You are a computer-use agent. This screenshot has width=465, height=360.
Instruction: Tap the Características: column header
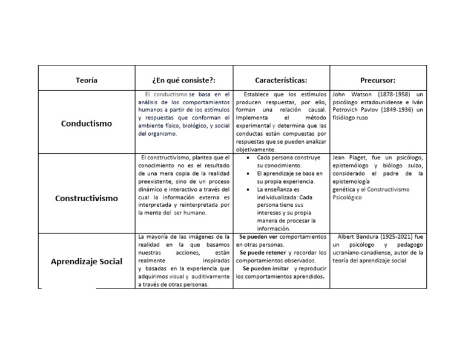280,80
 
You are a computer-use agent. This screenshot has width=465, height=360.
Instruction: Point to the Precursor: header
377,80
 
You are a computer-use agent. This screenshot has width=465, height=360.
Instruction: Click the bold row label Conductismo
87,124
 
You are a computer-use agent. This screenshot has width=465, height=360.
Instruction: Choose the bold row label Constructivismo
87,198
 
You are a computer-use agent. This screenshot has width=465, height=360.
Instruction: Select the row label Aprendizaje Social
87,261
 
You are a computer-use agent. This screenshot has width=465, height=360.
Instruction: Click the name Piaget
357,158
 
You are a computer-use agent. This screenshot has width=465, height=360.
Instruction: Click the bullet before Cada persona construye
250,158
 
